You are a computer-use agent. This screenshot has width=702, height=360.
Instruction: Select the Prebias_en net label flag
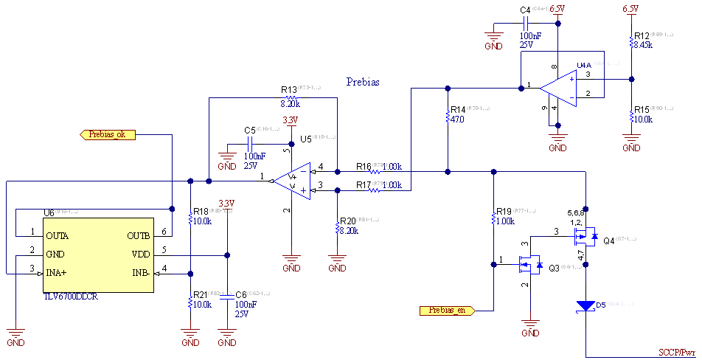pyautogui.click(x=447, y=310)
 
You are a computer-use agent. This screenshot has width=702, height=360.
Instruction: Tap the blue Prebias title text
pyautogui.click(x=363, y=82)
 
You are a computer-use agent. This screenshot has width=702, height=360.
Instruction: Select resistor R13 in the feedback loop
pyautogui.click(x=291, y=98)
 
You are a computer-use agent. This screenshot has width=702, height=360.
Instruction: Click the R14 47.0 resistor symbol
pyautogui.click(x=448, y=117)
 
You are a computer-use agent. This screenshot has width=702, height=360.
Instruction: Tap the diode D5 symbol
pyautogui.click(x=585, y=305)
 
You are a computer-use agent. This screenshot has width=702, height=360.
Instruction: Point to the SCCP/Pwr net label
pyautogui.click(x=677, y=352)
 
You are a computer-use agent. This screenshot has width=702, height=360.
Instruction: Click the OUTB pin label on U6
pyautogui.click(x=138, y=236)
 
